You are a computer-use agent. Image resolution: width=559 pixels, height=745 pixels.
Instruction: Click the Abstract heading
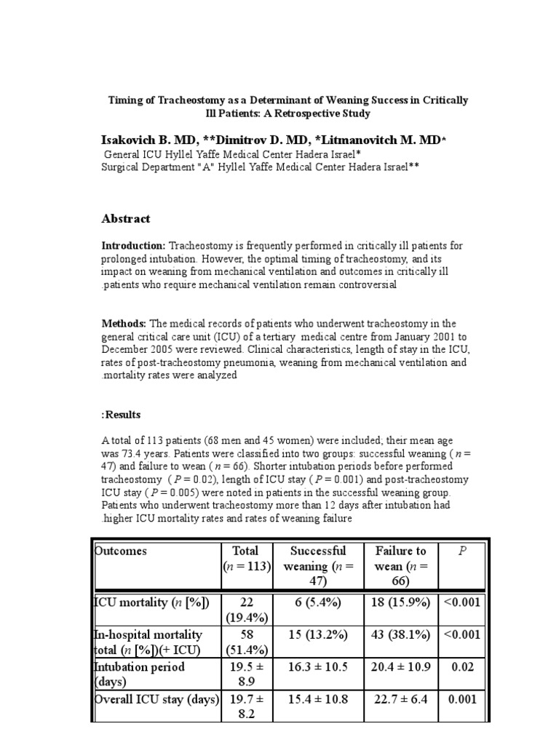[126, 218]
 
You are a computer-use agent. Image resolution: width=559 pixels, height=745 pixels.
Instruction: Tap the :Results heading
[121, 415]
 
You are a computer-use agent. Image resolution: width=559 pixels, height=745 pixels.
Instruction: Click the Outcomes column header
[121, 551]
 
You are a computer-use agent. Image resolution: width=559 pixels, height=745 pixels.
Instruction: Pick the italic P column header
[461, 551]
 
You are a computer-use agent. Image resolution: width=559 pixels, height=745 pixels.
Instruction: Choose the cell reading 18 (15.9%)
[401, 602]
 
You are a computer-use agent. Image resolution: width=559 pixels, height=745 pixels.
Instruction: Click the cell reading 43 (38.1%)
[401, 634]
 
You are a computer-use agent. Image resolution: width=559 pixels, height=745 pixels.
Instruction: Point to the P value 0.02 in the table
[461, 667]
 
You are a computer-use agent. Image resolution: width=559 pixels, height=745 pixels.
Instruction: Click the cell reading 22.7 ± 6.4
[401, 700]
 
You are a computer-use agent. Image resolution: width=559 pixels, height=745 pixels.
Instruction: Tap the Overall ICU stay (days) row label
[157, 700]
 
